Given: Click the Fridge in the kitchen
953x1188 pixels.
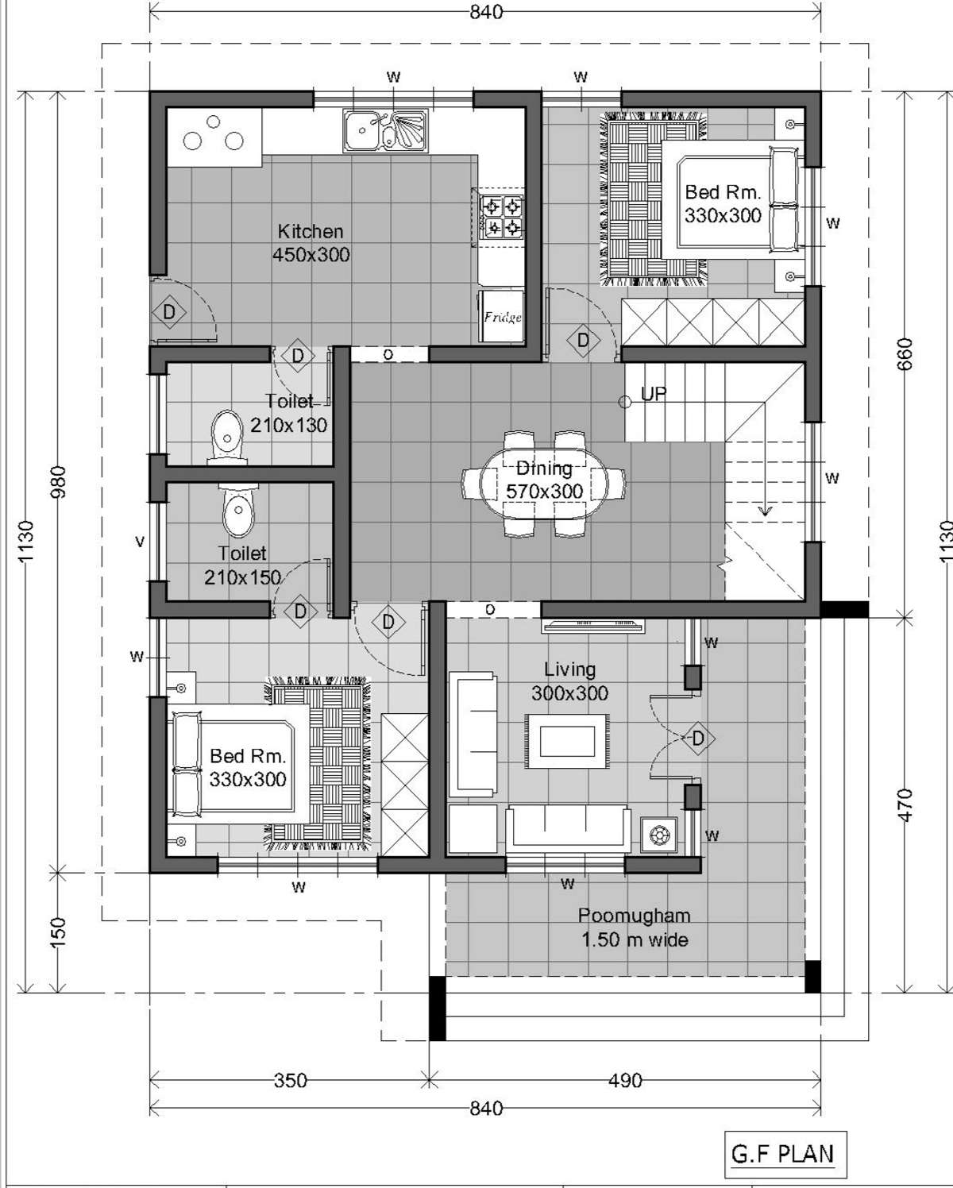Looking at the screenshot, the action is coord(501,316).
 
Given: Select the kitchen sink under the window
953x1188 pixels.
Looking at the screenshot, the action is coord(386,130).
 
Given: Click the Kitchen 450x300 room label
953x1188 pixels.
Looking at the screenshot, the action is coord(311,243).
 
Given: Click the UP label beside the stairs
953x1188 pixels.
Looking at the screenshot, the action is coord(654,394).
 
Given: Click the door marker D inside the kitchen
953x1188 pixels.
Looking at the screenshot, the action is coord(169,312).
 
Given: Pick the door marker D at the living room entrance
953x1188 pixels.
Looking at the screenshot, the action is coord(698,738).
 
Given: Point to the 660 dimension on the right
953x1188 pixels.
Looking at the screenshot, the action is coord(906,353).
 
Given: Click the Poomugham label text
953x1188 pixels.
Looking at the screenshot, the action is coord(635,916).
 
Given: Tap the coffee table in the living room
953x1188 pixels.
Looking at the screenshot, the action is coord(567,742).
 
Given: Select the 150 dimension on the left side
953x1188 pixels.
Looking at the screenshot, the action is coord(58,932).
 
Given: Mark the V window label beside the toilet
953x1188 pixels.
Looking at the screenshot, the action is coord(140,542).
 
